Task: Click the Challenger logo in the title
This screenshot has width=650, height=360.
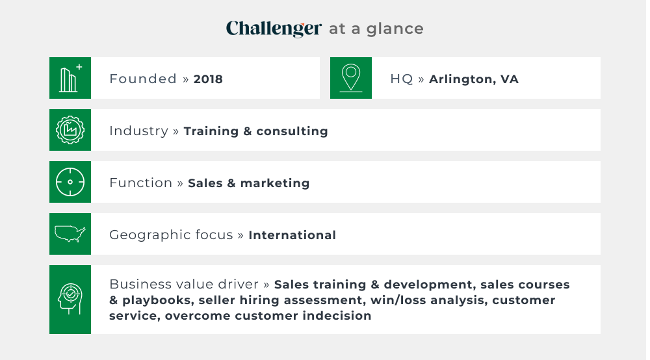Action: click(x=274, y=29)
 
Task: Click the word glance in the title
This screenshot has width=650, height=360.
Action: click(x=395, y=29)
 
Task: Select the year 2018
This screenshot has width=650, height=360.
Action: click(x=208, y=79)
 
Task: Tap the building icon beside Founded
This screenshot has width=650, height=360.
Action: click(x=70, y=78)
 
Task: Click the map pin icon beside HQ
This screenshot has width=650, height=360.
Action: click(x=351, y=78)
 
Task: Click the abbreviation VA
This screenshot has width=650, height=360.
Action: click(x=510, y=79)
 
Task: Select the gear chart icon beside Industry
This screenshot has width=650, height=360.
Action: click(x=70, y=130)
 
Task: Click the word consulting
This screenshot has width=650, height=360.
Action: click(x=292, y=132)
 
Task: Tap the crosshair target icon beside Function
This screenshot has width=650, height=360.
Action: click(x=70, y=182)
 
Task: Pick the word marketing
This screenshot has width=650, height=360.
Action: click(x=275, y=183)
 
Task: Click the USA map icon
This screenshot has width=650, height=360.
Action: click(x=70, y=234)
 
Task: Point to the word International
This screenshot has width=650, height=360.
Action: click(x=292, y=235)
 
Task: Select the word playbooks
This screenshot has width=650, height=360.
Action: click(x=158, y=301)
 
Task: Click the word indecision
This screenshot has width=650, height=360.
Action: click(x=337, y=316)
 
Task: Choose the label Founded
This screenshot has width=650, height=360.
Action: click(x=143, y=79)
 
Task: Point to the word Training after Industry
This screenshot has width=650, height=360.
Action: click(x=211, y=132)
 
